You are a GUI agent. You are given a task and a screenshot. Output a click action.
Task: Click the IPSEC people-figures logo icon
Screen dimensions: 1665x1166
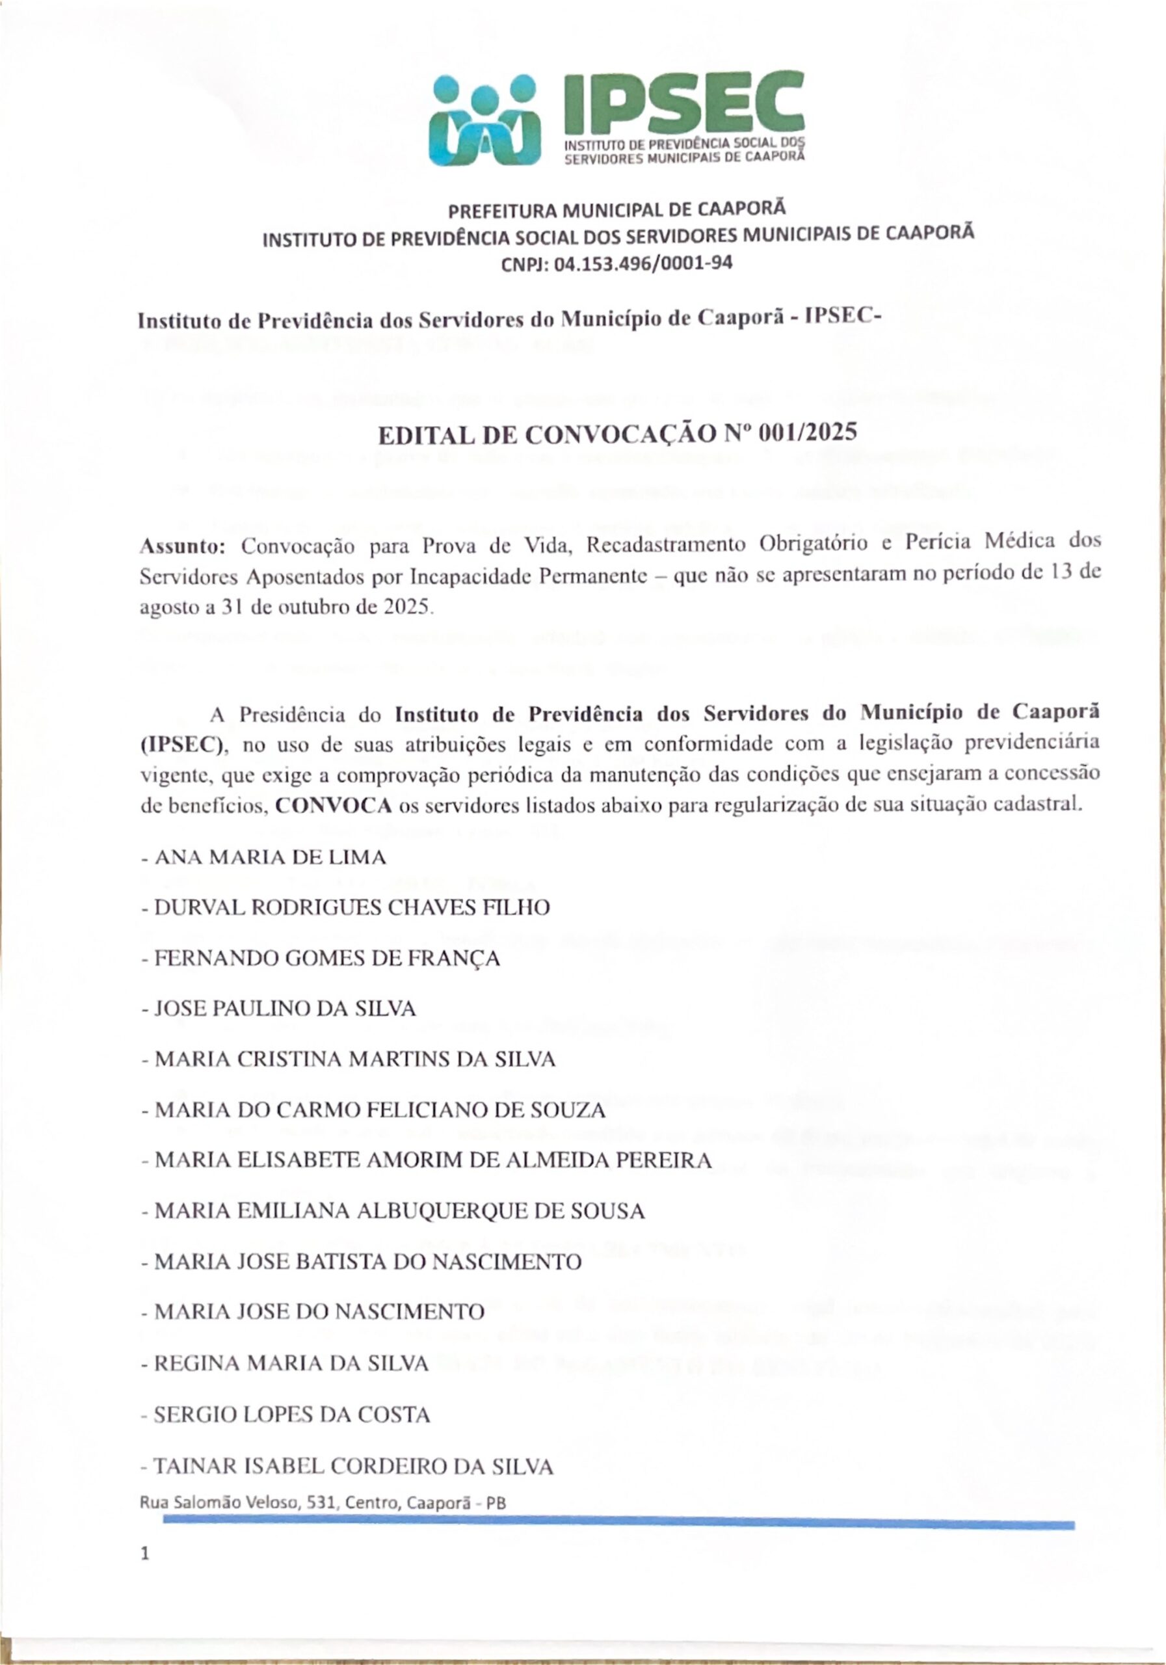484,120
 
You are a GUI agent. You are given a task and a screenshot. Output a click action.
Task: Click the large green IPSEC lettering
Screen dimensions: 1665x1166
683,103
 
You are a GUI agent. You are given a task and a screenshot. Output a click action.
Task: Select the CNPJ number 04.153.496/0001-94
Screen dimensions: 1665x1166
643,263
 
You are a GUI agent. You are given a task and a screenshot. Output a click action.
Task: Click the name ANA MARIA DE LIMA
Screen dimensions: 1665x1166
271,858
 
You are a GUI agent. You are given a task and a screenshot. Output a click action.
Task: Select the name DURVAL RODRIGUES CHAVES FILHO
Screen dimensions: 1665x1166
352,908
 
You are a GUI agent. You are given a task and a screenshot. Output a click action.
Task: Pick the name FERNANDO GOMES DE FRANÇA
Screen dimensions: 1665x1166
327,959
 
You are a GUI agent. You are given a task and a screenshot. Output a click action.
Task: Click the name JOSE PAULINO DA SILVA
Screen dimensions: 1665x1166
285,1009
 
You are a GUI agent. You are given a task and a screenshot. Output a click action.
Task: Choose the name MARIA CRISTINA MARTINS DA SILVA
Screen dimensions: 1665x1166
355,1059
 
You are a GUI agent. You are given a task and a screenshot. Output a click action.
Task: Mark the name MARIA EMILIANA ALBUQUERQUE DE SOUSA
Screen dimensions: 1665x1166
399,1211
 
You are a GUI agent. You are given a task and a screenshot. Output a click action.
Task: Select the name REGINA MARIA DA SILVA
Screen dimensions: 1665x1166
291,1363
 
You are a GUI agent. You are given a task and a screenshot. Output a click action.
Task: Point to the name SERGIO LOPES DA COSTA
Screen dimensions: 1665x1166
292,1414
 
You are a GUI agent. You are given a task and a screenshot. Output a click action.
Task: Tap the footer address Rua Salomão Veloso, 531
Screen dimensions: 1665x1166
322,1502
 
